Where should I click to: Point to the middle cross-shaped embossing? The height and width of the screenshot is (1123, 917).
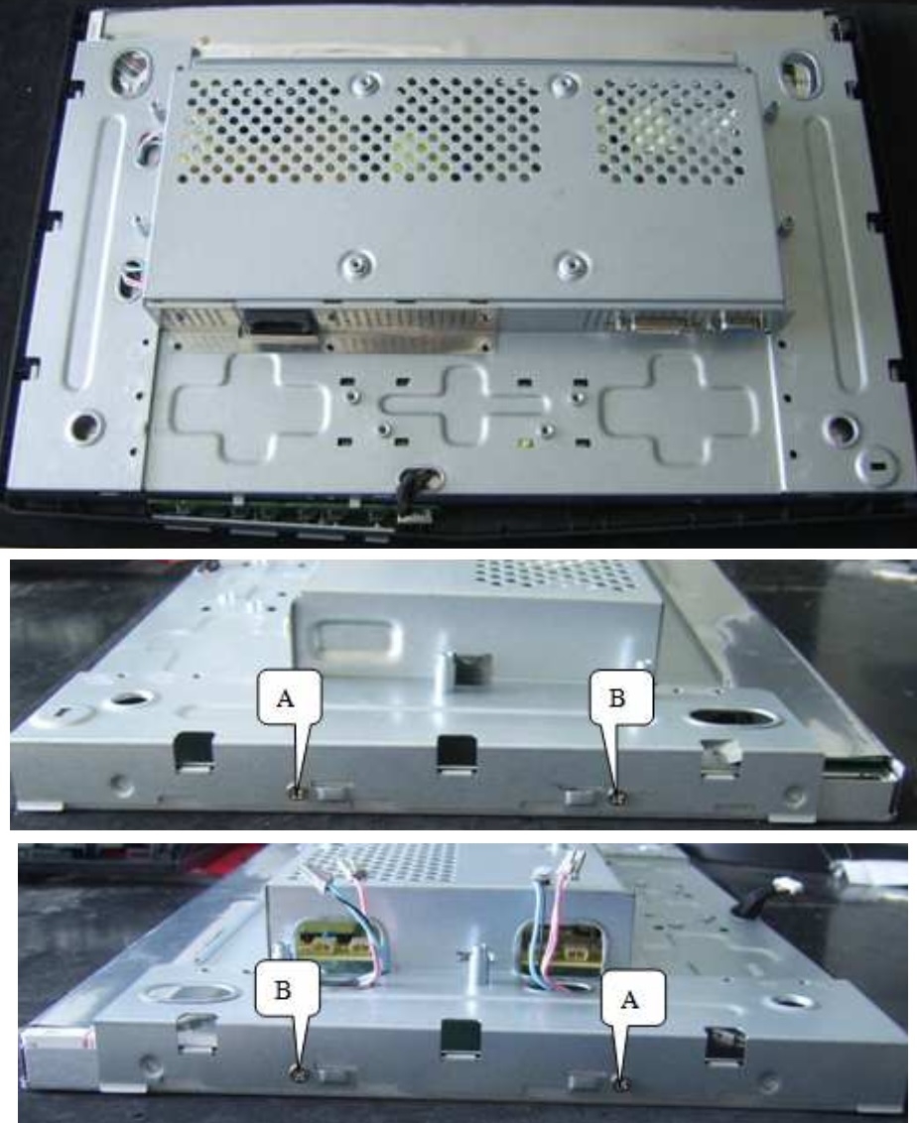(x=464, y=404)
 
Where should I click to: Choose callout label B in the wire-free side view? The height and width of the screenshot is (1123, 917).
(x=618, y=699)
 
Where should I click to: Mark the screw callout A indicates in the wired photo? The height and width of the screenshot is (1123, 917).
(x=622, y=1084)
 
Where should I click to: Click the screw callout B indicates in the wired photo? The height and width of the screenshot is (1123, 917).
(x=298, y=1071)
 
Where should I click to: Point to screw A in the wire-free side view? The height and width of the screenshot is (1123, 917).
(x=296, y=791)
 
